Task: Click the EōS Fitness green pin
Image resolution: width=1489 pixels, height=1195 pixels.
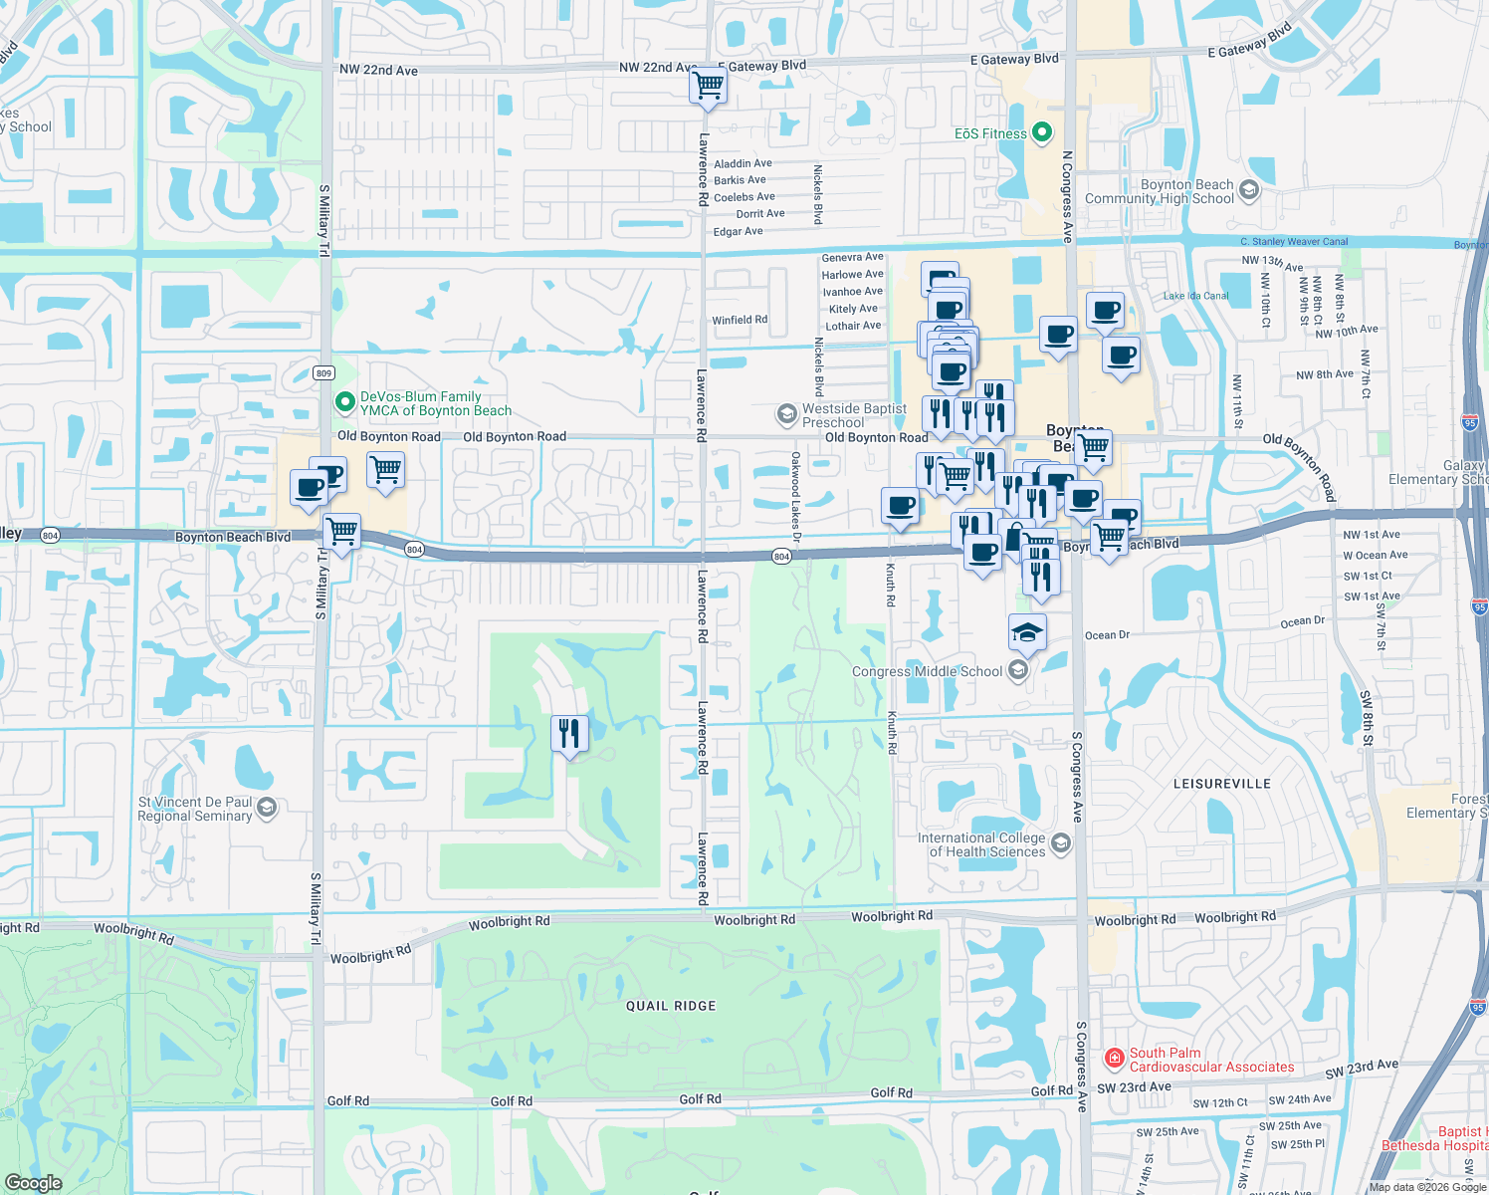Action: click(1042, 132)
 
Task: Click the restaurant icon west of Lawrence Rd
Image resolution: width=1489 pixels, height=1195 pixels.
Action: click(569, 734)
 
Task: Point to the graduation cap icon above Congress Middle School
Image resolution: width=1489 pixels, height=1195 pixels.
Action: click(1027, 632)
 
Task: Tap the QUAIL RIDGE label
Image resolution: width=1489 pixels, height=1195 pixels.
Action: click(671, 1006)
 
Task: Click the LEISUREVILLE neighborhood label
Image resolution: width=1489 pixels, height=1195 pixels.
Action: click(1221, 784)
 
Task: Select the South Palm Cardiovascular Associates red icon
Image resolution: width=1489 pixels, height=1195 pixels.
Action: click(1115, 1058)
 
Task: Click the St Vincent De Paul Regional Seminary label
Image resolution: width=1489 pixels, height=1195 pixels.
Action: click(195, 809)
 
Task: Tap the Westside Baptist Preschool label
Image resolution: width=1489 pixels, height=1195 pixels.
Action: click(854, 415)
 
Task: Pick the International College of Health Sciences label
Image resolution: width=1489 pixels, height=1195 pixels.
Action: click(981, 844)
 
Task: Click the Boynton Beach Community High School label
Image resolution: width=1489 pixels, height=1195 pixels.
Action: click(1160, 191)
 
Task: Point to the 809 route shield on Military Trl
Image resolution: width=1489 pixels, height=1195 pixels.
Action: click(323, 373)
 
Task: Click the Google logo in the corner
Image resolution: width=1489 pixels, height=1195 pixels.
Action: click(34, 1182)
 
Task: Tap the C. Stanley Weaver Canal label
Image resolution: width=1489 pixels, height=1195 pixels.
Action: click(1294, 241)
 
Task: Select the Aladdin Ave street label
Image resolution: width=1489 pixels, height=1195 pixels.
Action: click(743, 163)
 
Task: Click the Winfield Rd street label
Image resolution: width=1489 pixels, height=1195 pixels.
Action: click(740, 320)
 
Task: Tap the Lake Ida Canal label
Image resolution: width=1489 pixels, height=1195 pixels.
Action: click(1195, 296)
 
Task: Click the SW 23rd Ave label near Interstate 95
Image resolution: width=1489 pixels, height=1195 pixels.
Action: click(1362, 1070)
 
